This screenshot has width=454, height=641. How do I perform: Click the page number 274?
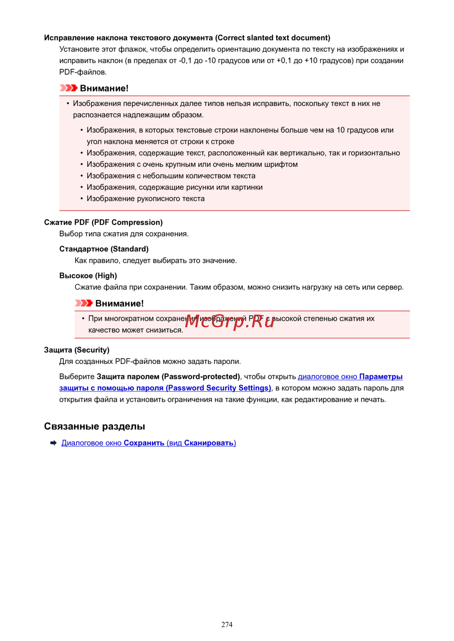[x=227, y=624]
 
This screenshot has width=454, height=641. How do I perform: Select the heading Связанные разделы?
[x=94, y=426]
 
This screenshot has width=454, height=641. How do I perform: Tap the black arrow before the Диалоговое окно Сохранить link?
[x=53, y=443]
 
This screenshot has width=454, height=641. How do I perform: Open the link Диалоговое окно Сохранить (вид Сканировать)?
[x=148, y=443]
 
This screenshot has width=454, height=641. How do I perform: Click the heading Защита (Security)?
[x=77, y=350]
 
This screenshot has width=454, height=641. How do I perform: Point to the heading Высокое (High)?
[x=88, y=276]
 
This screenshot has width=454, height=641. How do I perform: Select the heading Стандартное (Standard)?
[x=104, y=249]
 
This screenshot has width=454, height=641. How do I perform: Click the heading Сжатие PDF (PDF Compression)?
[x=103, y=222]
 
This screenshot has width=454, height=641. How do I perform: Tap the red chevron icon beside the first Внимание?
[x=69, y=88]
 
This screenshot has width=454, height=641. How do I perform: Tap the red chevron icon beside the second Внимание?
[x=84, y=303]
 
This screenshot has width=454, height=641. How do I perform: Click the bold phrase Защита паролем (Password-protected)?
[x=168, y=377]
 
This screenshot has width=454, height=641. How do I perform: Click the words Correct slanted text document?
[x=272, y=38]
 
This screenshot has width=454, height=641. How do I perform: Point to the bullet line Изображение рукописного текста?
[x=145, y=199]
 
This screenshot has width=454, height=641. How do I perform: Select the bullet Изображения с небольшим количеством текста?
[x=171, y=176]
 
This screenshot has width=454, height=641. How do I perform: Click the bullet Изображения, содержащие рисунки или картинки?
[x=174, y=187]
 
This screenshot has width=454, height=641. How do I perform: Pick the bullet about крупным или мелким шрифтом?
[x=192, y=165]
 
